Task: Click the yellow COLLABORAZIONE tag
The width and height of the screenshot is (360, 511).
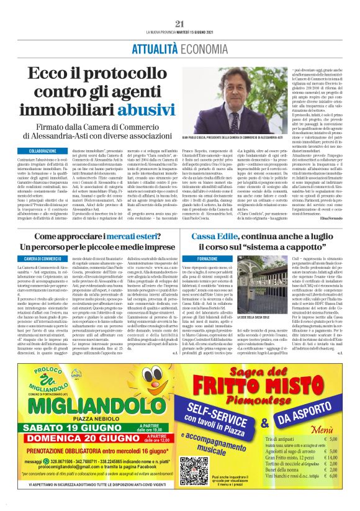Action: (x=46, y=151)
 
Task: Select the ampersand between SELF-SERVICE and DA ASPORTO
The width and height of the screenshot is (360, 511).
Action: (x=264, y=423)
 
